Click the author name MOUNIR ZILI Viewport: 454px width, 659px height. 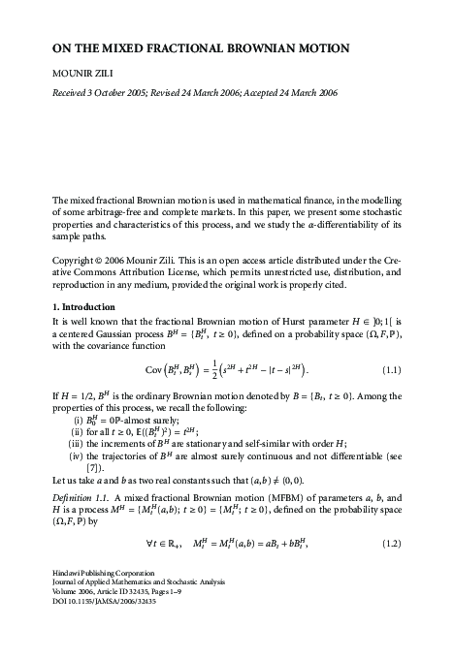point(86,73)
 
